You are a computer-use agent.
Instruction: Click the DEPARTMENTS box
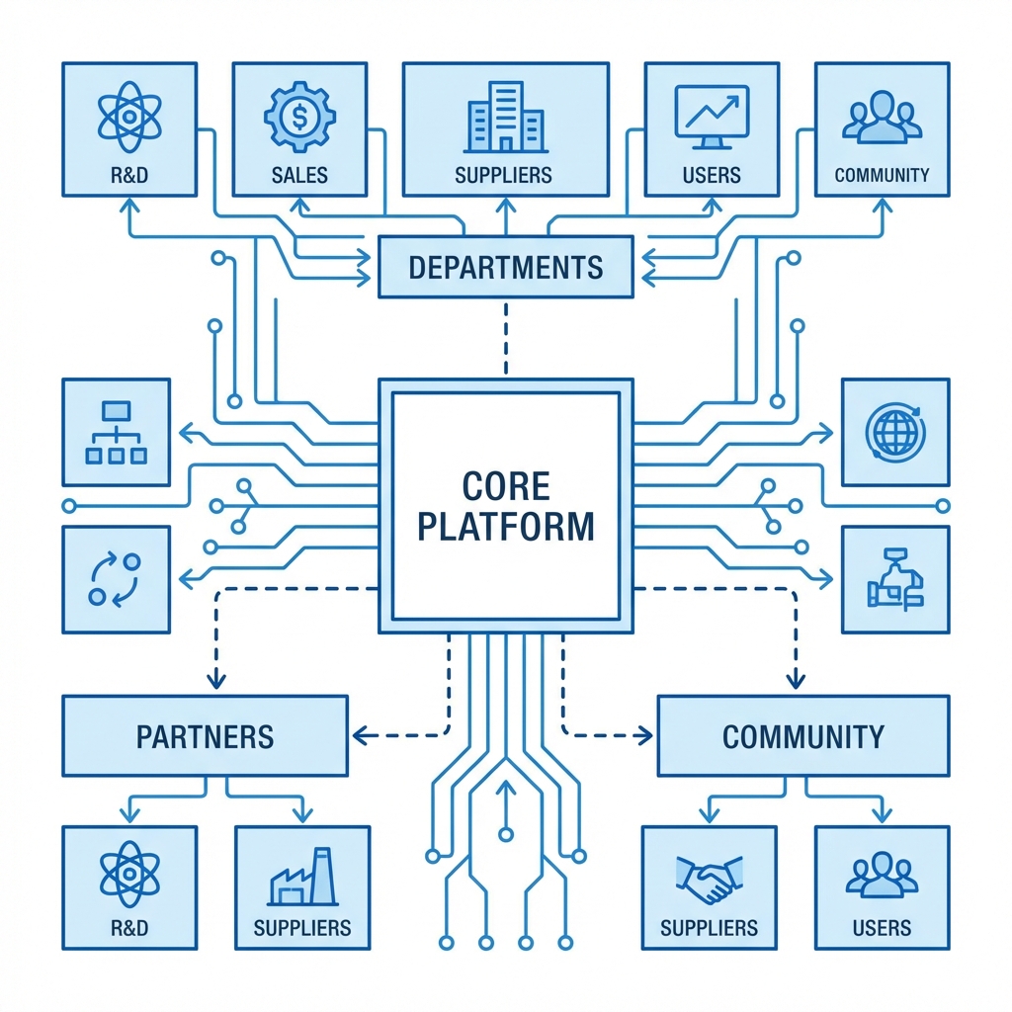505,267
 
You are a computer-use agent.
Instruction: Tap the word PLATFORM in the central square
505,526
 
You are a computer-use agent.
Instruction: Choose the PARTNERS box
205,736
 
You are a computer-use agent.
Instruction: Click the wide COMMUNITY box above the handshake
802,736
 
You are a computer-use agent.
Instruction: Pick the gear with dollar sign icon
299,117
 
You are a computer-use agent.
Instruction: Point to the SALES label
299,176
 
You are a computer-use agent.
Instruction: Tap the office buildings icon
505,117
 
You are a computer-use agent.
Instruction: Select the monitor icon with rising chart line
711,117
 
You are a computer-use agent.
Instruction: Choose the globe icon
894,431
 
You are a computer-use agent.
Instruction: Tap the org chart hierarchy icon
116,432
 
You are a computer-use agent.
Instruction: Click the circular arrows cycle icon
116,580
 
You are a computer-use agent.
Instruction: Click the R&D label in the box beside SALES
129,176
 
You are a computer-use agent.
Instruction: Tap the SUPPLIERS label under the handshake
709,928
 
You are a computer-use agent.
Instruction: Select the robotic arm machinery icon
894,580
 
